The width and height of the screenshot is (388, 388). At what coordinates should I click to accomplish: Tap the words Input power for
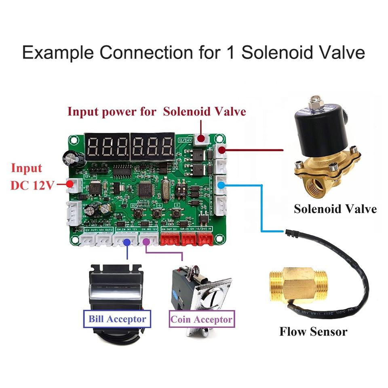pyautogui.click(x=112, y=112)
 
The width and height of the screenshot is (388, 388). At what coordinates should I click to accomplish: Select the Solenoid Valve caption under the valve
pyautogui.click(x=335, y=209)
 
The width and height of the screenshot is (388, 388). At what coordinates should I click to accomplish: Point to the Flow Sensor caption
pyautogui.click(x=313, y=332)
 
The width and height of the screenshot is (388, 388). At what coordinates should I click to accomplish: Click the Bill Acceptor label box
pyautogui.click(x=117, y=319)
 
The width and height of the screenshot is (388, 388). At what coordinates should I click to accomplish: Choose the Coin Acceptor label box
pyautogui.click(x=202, y=320)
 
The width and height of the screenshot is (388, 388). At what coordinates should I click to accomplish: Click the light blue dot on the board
pyautogui.click(x=221, y=185)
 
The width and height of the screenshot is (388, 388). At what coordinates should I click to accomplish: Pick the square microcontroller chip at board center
pyautogui.click(x=145, y=190)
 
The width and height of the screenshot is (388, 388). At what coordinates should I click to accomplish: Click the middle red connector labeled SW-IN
pyautogui.click(x=188, y=240)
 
